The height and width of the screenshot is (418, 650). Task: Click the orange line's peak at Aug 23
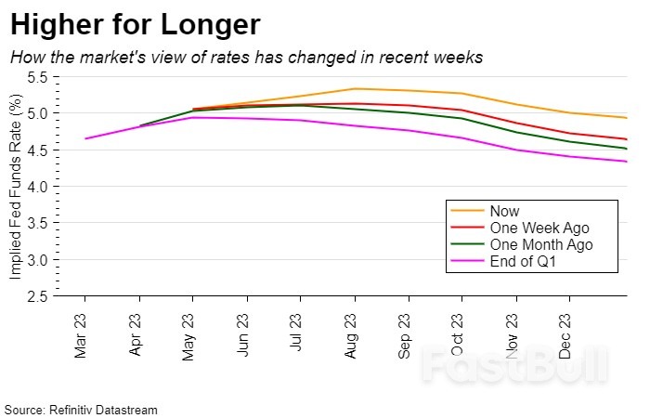(354, 89)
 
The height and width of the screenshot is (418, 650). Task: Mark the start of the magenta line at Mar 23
(85, 138)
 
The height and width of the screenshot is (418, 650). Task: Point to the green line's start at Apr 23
(139, 125)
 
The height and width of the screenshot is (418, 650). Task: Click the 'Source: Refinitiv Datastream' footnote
(81, 409)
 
